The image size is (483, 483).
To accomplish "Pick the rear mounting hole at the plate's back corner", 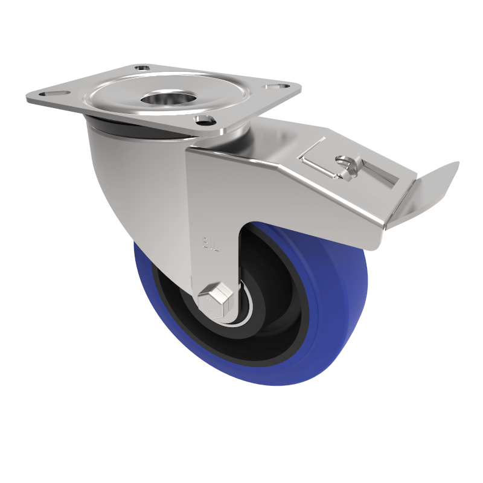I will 142,68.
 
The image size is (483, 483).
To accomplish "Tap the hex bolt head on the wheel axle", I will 216,297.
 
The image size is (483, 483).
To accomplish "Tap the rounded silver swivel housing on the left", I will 130,181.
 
